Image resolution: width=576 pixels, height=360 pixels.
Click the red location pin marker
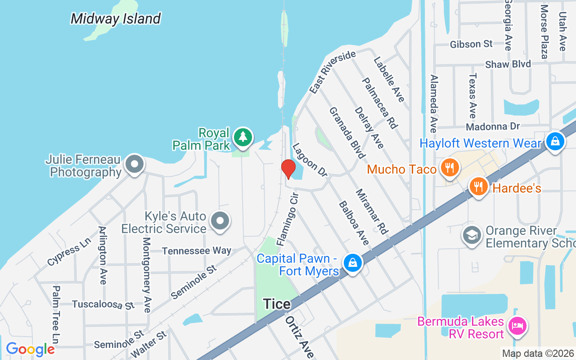pos(288,169)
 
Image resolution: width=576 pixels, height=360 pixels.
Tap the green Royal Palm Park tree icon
pos(243,137)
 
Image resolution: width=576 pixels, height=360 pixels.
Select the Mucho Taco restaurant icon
pos(449,168)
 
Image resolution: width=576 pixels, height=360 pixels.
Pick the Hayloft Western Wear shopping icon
pos(555,142)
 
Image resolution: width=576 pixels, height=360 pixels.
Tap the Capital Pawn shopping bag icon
pos(353,263)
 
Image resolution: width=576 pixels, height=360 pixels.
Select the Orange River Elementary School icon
pos(472,235)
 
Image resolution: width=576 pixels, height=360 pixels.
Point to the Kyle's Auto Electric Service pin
pos(220,221)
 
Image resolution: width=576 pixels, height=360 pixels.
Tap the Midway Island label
pos(116,19)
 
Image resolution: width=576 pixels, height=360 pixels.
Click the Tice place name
pos(277,304)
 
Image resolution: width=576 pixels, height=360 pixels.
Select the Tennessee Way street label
pos(197,251)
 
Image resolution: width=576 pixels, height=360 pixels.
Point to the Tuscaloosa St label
pos(103,304)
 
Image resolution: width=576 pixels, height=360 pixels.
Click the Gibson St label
pos(472,44)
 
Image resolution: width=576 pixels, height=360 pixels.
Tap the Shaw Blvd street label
pos(508,64)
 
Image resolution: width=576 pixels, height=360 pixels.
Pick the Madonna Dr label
pos(493,127)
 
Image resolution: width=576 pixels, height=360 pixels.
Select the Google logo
pos(30,349)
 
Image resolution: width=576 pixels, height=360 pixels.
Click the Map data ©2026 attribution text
pos(538,354)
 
